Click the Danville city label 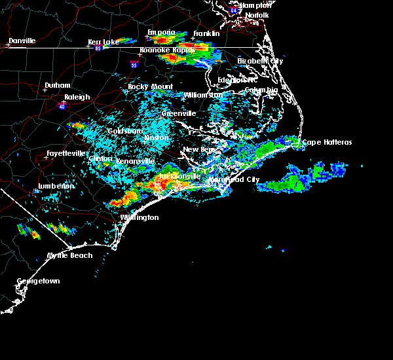(x=23, y=41)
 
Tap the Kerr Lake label (x=103, y=42)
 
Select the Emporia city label (x=161, y=32)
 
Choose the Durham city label (x=57, y=86)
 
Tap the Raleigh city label (x=77, y=97)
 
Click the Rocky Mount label (x=146, y=86)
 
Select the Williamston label (x=203, y=95)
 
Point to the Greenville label (x=179, y=113)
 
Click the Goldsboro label (x=125, y=131)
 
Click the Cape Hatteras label (x=327, y=142)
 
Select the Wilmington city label (x=139, y=217)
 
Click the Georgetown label (x=38, y=281)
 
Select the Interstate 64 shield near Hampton (x=234, y=10)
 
